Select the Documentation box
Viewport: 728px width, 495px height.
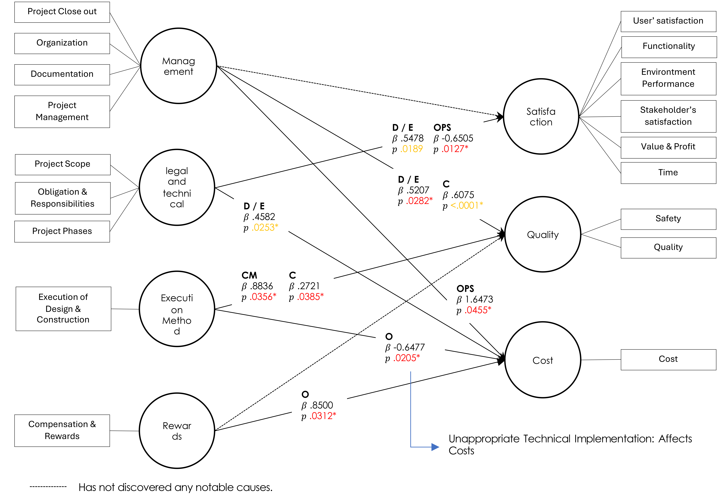62,75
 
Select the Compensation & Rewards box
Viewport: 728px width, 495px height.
62,430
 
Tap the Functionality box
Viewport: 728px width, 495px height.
669,47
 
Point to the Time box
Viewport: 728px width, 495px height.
669,173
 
